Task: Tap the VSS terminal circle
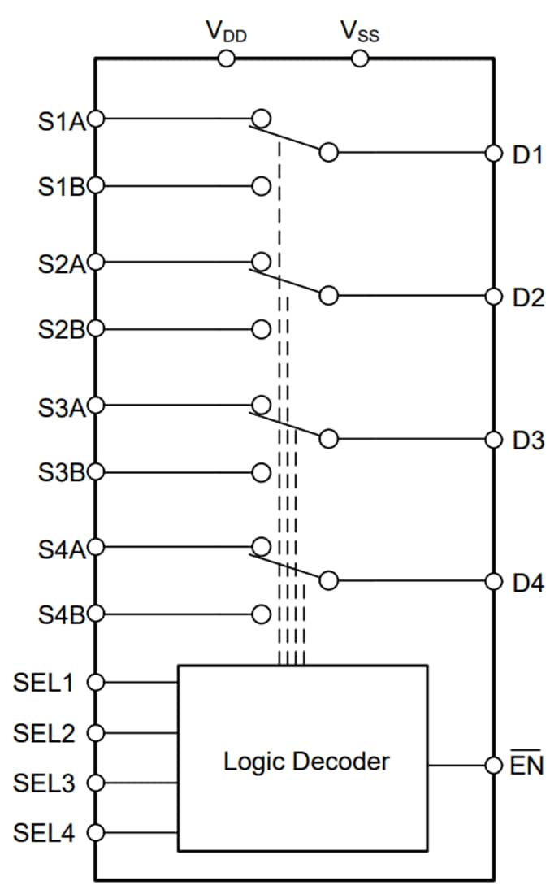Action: click(360, 59)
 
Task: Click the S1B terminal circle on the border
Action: click(96, 186)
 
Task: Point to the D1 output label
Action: click(527, 154)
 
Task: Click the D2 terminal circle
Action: click(493, 296)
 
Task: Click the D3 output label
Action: click(527, 440)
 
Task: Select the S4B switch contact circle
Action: click(261, 614)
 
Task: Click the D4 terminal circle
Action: click(493, 581)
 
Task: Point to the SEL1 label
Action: click(44, 683)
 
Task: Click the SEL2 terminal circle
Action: click(96, 733)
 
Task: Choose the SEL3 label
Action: click(44, 783)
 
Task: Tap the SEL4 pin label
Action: click(44, 833)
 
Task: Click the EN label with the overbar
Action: click(527, 766)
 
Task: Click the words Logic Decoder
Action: click(306, 762)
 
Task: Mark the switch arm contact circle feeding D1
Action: click(328, 152)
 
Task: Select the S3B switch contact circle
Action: click(261, 472)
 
